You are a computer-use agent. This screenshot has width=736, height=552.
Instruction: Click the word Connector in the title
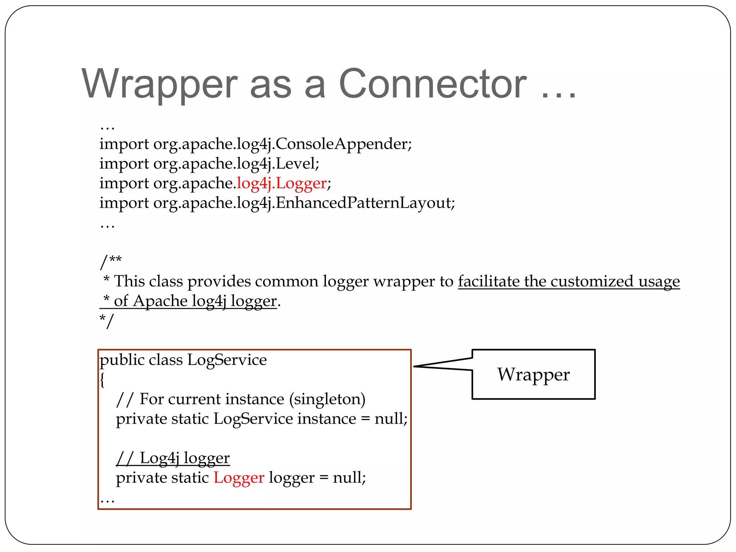pyautogui.click(x=433, y=84)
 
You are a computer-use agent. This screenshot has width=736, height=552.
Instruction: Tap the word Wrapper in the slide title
pyautogui.click(x=160, y=85)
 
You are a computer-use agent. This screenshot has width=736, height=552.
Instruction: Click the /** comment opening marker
pyautogui.click(x=111, y=262)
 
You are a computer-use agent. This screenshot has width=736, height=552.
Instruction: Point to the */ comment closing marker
pyautogui.click(x=106, y=321)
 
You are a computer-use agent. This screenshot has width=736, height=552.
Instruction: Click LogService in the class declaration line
pyautogui.click(x=227, y=360)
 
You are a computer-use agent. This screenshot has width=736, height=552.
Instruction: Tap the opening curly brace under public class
pyautogui.click(x=102, y=379)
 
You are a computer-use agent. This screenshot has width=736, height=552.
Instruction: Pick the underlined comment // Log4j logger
pyautogui.click(x=173, y=458)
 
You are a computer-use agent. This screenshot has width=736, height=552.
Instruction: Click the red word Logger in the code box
pyautogui.click(x=239, y=478)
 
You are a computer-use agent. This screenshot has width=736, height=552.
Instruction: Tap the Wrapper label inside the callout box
pyautogui.click(x=533, y=374)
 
